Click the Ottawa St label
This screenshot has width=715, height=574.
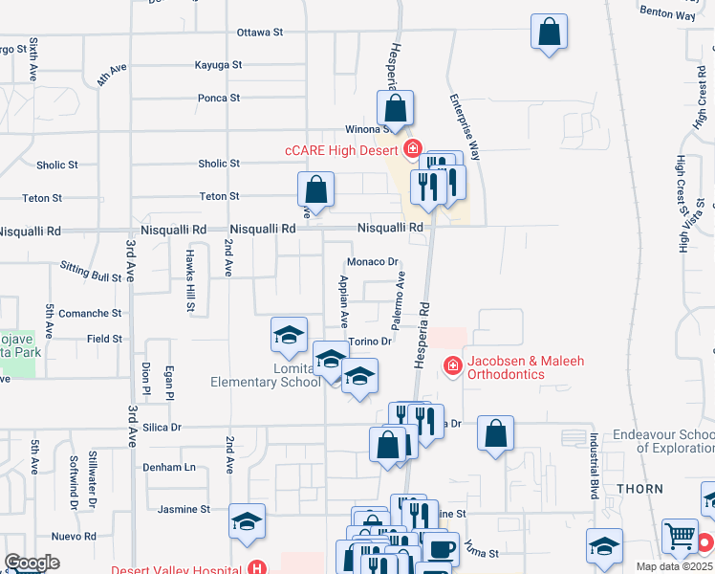point(260,32)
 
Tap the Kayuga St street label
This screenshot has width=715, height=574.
point(218,65)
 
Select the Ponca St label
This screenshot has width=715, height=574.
point(218,98)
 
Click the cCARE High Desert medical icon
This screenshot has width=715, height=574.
point(412,148)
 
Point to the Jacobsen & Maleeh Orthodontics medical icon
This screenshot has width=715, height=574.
point(451,366)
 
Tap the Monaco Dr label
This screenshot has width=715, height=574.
point(372,261)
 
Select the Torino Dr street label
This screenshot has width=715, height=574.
point(371,342)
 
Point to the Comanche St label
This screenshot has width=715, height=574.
point(91,313)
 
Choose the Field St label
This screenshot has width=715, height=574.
point(104,339)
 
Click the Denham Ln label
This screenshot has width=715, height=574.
point(175,467)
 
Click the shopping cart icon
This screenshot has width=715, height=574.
point(680,538)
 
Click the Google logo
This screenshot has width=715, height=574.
point(32,563)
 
